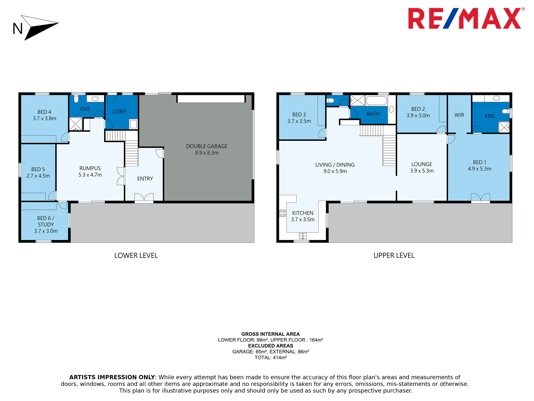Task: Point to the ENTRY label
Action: pos(145,179)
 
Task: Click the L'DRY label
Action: pos(119,112)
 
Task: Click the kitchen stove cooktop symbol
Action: pos(282,213)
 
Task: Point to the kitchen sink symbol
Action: pos(303,236)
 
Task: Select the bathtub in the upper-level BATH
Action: pos(376,101)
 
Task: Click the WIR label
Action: pos(459,115)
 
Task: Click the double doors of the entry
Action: pos(144,197)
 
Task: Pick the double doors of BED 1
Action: pos(481,197)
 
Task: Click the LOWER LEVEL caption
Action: pos(136,256)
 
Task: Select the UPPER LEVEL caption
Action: pos(394,256)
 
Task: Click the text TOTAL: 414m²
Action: pos(270,357)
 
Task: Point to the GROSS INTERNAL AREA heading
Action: pos(270,334)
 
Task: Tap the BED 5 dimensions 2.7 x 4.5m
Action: pos(38,176)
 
